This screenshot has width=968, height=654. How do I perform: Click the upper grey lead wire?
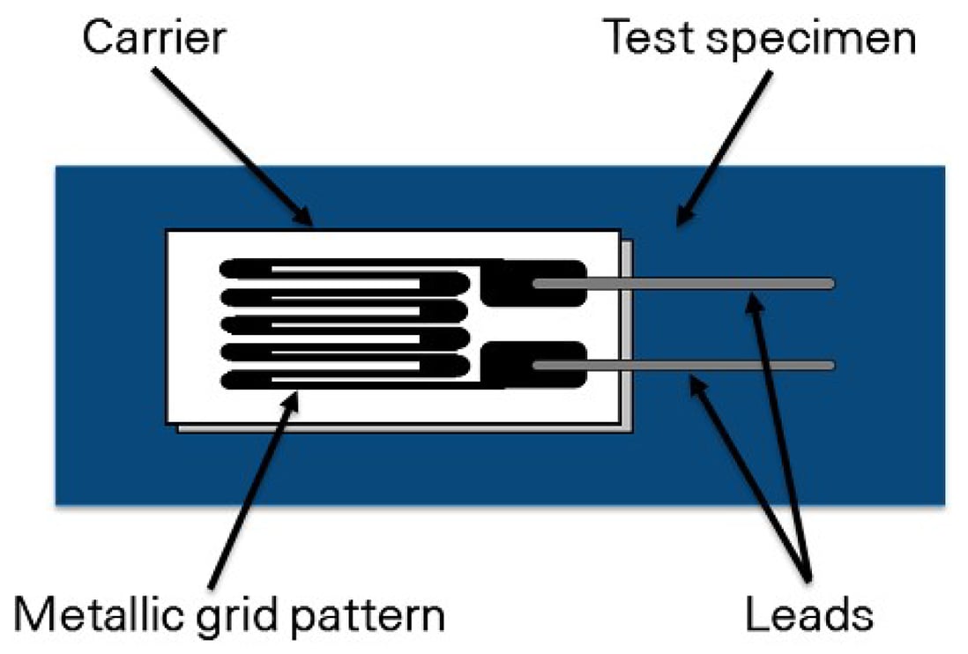[x=705, y=284]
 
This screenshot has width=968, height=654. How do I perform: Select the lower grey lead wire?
[x=705, y=365]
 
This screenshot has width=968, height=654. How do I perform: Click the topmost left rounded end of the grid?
[x=231, y=267]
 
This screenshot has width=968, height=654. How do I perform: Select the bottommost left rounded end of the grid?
[x=231, y=381]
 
